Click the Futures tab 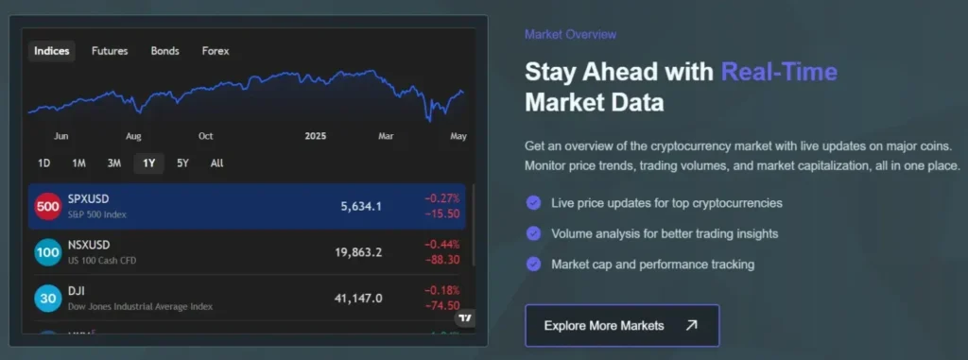click(x=110, y=51)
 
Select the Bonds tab click(x=164, y=51)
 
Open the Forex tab click(x=216, y=51)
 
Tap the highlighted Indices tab click(x=52, y=51)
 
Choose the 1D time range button click(x=43, y=163)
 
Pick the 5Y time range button click(x=182, y=163)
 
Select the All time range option click(x=216, y=163)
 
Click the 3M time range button click(x=114, y=163)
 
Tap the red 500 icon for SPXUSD click(x=48, y=206)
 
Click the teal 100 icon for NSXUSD click(x=48, y=252)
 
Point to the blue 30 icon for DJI click(x=48, y=299)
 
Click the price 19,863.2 click(x=358, y=252)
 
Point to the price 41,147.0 click(x=358, y=299)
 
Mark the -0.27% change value click(x=442, y=198)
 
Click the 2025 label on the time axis click(x=316, y=136)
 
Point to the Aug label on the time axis click(x=133, y=136)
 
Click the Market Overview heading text click(x=570, y=35)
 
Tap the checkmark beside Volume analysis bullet click(x=533, y=233)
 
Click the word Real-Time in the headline click(x=779, y=72)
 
